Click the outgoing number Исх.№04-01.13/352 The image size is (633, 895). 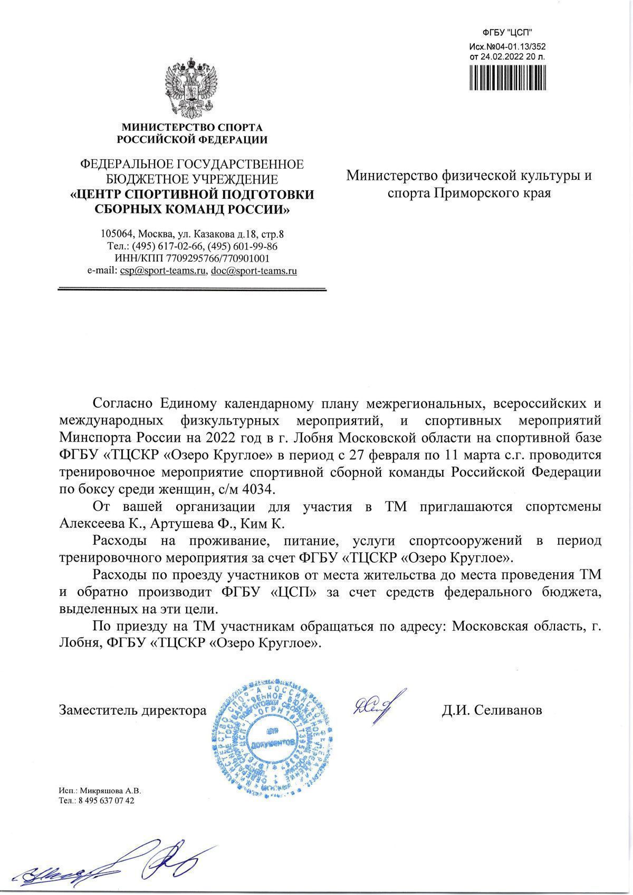click(x=507, y=46)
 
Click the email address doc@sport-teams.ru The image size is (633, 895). click(x=253, y=271)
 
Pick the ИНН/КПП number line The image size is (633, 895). click(x=192, y=258)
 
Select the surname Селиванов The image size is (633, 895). click(x=508, y=710)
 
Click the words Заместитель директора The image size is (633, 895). click(x=132, y=710)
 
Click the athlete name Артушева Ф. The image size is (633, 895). click(x=186, y=524)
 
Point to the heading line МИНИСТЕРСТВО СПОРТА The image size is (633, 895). click(x=192, y=127)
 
